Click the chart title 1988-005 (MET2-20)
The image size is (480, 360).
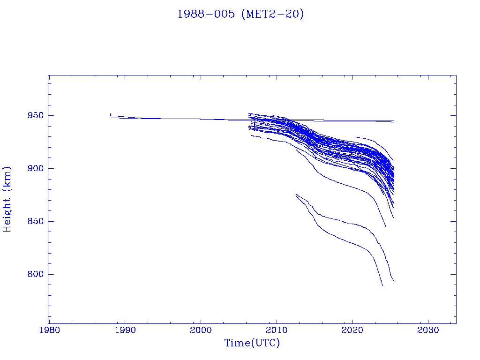coord(240,14)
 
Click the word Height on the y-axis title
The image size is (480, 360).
coord(7,212)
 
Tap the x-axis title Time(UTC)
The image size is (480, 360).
coord(252,343)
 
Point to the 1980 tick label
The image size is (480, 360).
coord(49,330)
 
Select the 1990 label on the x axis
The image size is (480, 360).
coord(125,330)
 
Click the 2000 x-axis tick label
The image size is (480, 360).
coord(201,330)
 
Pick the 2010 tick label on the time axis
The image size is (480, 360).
coord(276,330)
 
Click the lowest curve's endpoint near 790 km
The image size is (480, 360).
coord(382,285)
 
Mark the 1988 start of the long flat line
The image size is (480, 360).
coord(111,114)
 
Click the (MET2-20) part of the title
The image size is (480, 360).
coord(272,14)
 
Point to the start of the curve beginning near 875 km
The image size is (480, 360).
coord(296,195)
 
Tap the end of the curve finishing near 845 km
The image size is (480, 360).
coord(386,226)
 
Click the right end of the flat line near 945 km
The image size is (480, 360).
coord(394,120)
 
